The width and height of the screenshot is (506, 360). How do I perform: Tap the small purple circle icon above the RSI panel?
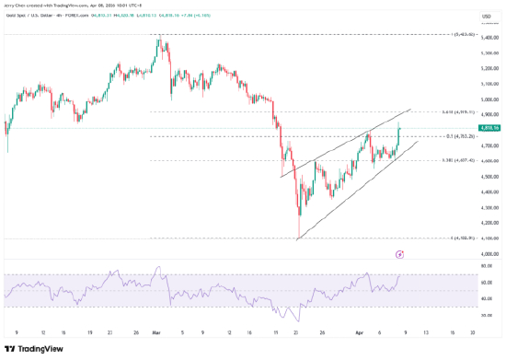tap(399, 253)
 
